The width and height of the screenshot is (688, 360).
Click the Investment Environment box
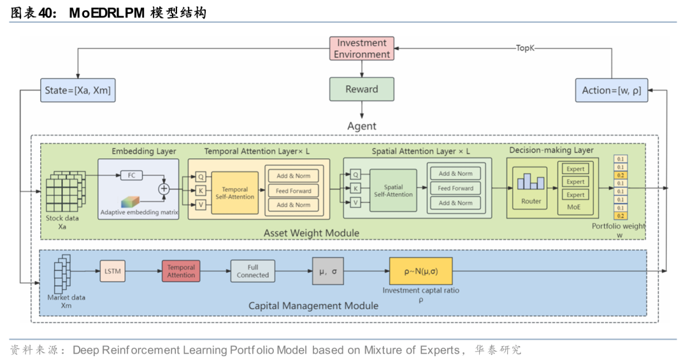362,48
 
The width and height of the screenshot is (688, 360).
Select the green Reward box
362,89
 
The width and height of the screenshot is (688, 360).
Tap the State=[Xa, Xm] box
78,90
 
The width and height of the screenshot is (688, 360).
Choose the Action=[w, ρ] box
611,90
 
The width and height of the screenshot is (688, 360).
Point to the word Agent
362,126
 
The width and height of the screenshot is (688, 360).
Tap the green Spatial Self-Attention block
393,191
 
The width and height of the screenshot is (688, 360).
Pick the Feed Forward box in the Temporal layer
294,191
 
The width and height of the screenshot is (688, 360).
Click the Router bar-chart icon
531,182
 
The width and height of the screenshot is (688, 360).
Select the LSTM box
112,271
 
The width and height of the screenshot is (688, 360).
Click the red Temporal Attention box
181,271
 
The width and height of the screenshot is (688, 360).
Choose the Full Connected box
253,271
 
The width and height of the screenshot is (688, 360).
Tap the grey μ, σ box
328,271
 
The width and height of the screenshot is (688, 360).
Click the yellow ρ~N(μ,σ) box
420,271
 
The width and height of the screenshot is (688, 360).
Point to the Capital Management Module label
313,306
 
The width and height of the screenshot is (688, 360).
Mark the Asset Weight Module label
312,233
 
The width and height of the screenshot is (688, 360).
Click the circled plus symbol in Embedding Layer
164,189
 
